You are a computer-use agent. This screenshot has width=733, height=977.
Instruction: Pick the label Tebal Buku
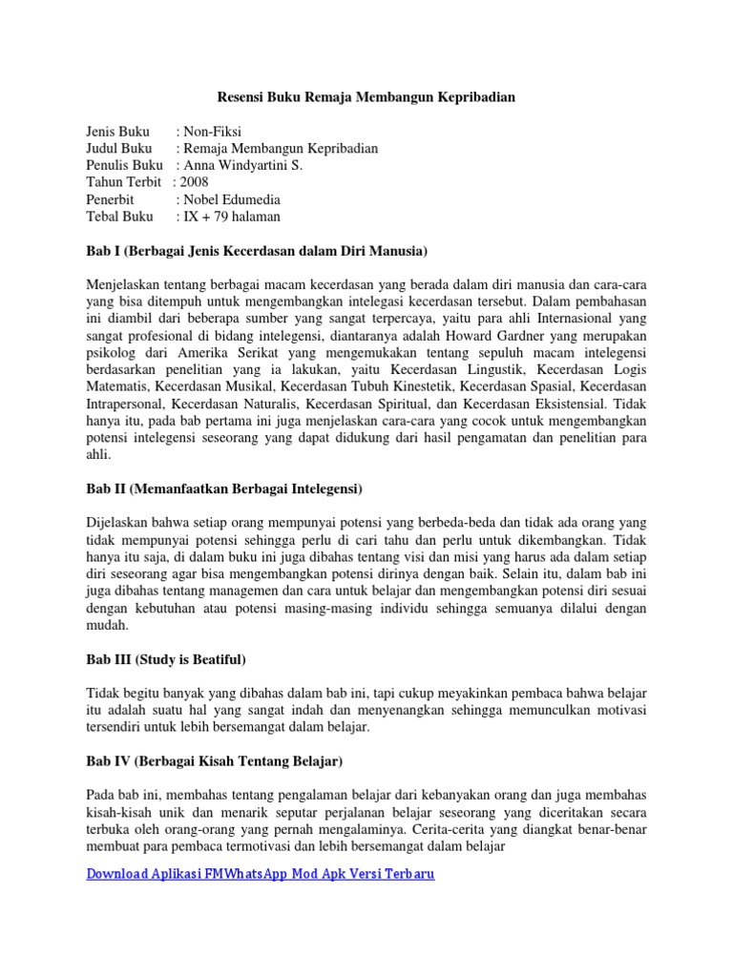(x=119, y=217)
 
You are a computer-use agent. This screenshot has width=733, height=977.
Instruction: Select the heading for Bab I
(x=257, y=251)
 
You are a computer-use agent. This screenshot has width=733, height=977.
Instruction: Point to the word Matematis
(x=117, y=387)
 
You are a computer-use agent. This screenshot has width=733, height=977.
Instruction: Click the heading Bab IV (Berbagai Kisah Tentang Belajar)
(x=215, y=762)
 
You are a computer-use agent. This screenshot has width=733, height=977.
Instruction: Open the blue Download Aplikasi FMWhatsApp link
(x=261, y=874)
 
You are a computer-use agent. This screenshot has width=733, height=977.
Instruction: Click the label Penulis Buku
(x=124, y=165)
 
